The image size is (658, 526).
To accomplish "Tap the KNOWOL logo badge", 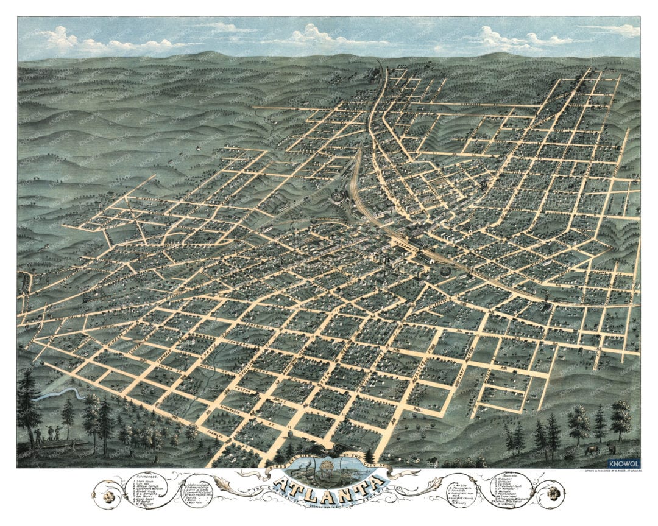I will (x=623, y=463).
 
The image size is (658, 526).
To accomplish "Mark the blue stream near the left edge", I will (x=52, y=396).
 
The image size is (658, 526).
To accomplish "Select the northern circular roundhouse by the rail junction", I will (x=336, y=196).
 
